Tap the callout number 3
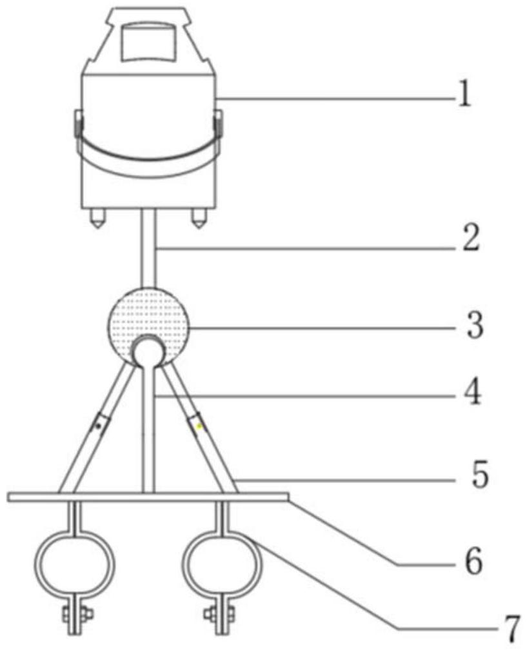pos(475,328)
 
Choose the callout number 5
pos(479,478)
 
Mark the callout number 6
pos(473,562)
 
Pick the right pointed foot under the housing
pos(197,219)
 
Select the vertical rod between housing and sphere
pos(149,248)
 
